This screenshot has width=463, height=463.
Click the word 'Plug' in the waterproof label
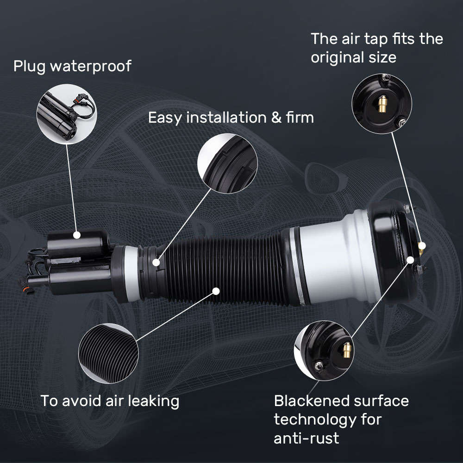point(29,66)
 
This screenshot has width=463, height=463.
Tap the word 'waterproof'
point(90,66)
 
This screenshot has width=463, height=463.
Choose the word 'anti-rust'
point(306,438)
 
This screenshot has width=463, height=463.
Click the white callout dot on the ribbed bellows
point(215,291)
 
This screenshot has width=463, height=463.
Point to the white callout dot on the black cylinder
point(77,235)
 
